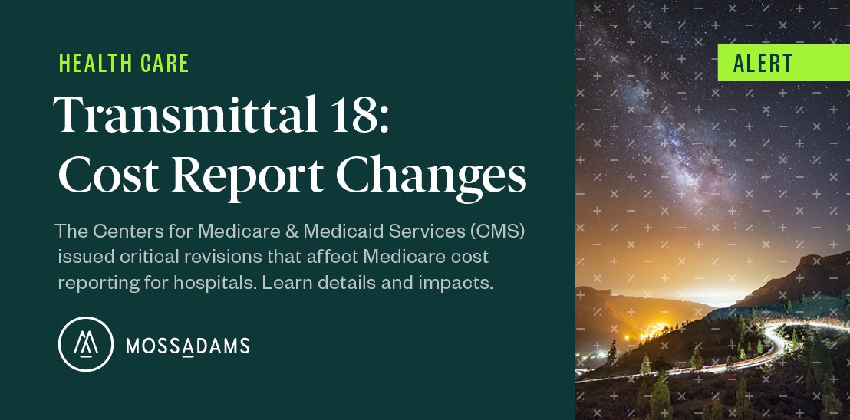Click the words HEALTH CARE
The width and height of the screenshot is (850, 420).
[124, 64]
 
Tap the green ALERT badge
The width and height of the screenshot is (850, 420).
[782, 63]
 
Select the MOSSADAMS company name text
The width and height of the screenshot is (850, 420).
[187, 346]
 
